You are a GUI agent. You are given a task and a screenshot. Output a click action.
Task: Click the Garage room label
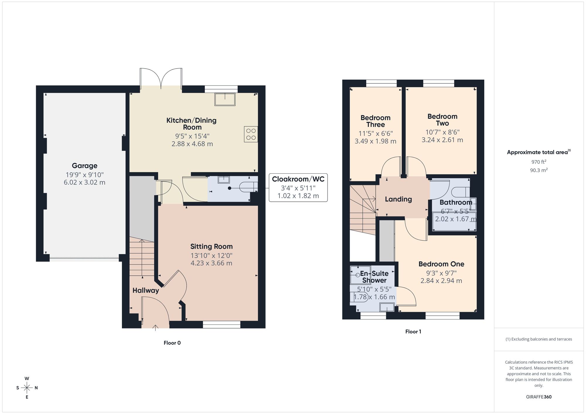[84, 166]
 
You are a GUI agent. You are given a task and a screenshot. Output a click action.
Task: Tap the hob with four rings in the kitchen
[251, 134]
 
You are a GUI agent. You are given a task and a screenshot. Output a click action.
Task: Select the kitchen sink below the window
[225, 99]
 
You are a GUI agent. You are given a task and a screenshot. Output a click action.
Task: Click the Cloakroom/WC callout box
[298, 187]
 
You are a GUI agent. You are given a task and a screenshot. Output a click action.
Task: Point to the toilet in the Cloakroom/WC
[248, 187]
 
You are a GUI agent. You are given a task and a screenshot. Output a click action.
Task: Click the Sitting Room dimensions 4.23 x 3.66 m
[211, 263]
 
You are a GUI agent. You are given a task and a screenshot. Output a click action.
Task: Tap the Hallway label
[146, 290]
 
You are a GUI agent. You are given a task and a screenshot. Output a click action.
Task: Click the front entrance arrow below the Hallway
[155, 327]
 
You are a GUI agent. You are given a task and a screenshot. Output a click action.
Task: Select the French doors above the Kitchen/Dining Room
[161, 78]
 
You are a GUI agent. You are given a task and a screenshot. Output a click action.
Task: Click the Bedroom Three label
[375, 121]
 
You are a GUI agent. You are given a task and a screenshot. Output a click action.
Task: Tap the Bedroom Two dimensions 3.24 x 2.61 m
[442, 140]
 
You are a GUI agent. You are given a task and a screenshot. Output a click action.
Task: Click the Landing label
[398, 199]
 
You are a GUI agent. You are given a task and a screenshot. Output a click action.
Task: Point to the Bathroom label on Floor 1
[456, 202]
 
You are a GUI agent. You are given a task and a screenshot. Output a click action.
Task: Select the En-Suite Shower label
[374, 277]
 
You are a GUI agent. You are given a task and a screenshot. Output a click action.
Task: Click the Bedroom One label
[441, 264]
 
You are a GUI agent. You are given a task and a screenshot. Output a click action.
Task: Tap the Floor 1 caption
[413, 331]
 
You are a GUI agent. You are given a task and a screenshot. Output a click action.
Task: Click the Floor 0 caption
[172, 343]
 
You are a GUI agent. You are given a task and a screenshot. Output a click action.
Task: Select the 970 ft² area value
[539, 162]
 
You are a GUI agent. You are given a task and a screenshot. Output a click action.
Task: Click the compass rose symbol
[27, 388]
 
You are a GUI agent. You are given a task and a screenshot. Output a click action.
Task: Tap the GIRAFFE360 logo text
[539, 397]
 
